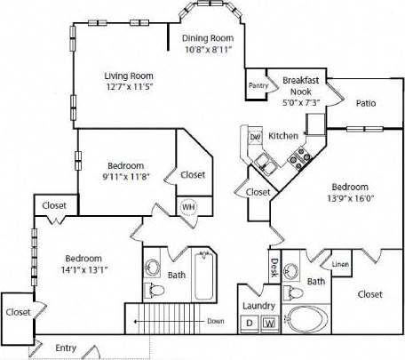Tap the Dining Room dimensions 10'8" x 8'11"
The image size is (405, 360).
[x=207, y=51]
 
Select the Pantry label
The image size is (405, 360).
[x=258, y=85]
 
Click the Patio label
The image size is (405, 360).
[x=366, y=103]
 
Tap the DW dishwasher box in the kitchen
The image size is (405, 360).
[x=254, y=137]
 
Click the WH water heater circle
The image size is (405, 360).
[x=188, y=207]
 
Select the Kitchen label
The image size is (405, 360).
[x=283, y=136]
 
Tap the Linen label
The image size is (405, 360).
[x=340, y=265]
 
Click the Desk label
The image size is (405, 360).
[x=274, y=267]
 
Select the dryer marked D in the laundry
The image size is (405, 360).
[x=250, y=323]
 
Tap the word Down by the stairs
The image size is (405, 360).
[x=213, y=321]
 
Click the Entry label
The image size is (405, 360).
[x=65, y=348]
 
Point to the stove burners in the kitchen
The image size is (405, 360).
[x=298, y=156]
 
